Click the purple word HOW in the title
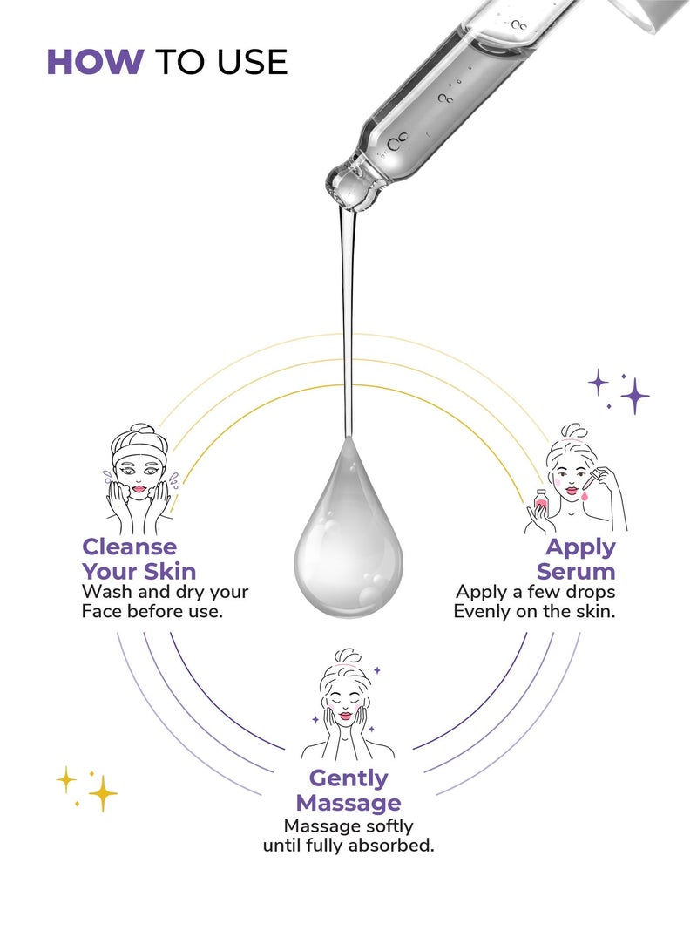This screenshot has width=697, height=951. tap(95, 62)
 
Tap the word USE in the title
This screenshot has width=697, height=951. tap(252, 62)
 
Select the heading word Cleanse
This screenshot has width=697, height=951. tap(129, 547)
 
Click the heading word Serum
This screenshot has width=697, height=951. tap(575, 571)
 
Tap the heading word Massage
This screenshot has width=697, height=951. tap(348, 803)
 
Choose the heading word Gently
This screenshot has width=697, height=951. tap(348, 778)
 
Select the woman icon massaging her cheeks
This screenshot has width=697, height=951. tap(347, 705)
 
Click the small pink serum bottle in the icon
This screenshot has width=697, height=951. tap(540, 503)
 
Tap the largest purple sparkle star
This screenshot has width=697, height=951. tap(634, 396)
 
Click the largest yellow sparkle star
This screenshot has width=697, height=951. tap(103, 792)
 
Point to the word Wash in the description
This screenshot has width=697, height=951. tap(107, 591)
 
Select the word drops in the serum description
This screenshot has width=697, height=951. tap(590, 591)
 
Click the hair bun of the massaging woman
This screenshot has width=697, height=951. tap(348, 657)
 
